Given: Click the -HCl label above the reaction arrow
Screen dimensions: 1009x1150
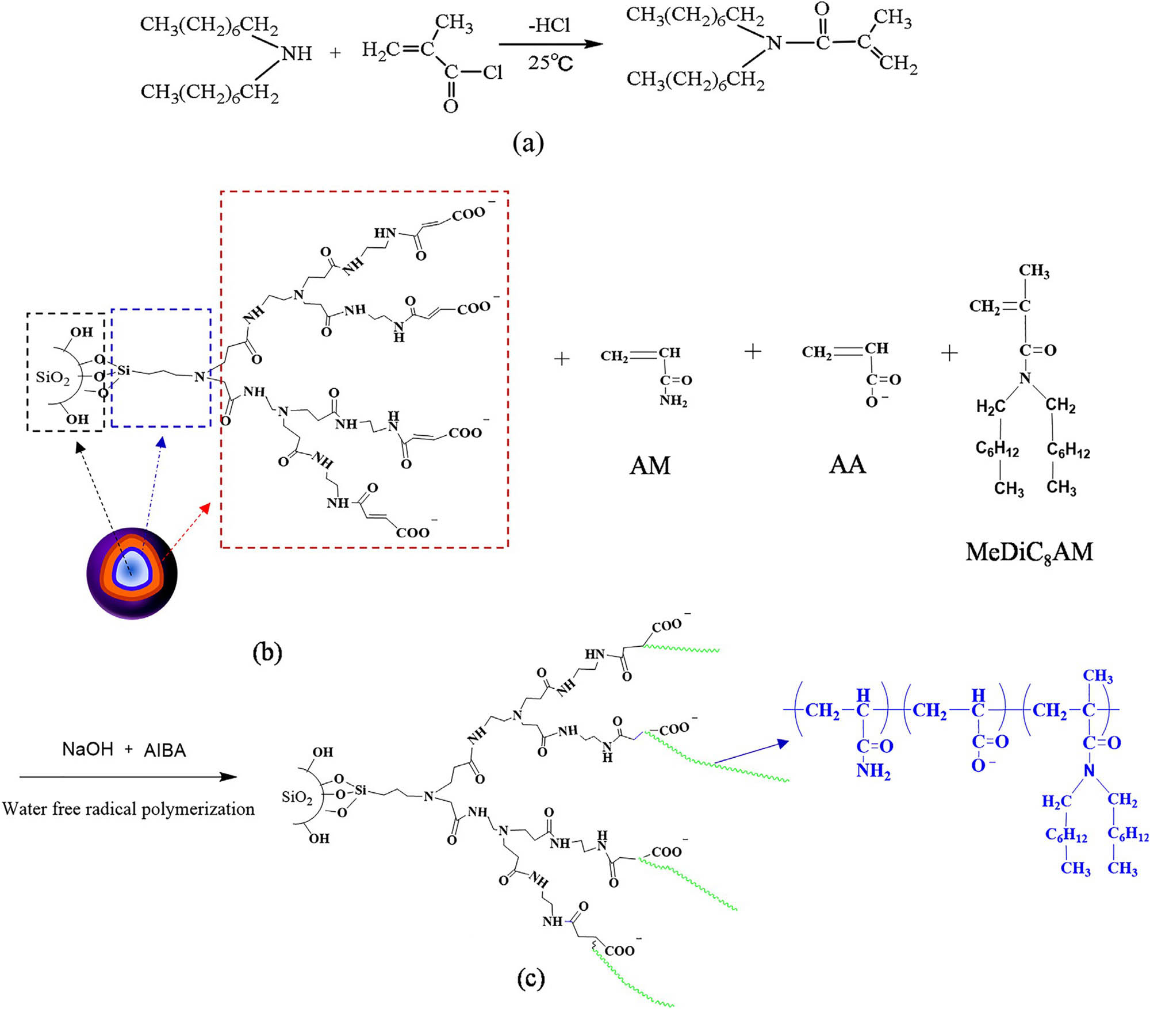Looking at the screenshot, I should point(549,26).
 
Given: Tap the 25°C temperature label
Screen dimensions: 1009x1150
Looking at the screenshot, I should point(550,62).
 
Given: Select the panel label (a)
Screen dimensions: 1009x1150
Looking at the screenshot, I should point(528,143).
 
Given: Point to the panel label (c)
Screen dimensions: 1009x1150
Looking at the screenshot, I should point(530,978).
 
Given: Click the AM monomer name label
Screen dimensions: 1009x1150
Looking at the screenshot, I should point(650,465).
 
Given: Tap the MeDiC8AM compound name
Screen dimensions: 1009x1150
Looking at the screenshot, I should point(1029,553).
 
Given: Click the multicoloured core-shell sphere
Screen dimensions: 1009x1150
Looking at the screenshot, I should point(132,573).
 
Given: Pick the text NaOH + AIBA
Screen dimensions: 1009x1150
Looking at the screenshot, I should point(124,750).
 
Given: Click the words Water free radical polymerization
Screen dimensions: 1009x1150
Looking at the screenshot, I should point(128,809).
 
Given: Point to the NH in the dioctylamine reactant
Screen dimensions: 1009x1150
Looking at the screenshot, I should point(297,53).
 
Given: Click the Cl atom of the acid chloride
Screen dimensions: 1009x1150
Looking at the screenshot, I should point(492,72).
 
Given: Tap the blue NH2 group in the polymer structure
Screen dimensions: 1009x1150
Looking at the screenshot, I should point(873,770).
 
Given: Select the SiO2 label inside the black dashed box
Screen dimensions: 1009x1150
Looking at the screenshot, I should point(52,377).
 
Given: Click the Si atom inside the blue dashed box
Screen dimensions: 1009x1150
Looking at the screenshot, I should point(124,370).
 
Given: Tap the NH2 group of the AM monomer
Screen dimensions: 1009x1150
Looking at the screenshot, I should point(673,400).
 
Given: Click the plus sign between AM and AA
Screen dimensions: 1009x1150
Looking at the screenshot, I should point(753,351).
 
